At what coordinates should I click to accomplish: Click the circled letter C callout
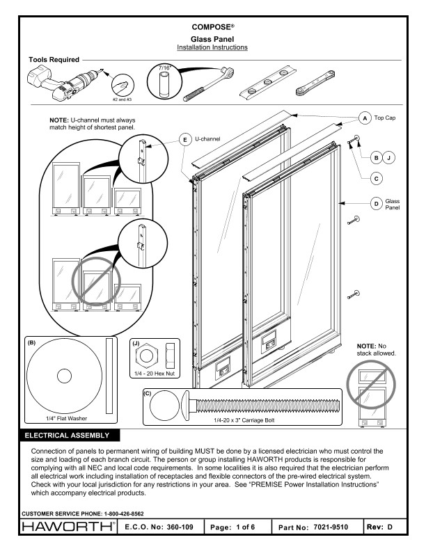tap(375, 179)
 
